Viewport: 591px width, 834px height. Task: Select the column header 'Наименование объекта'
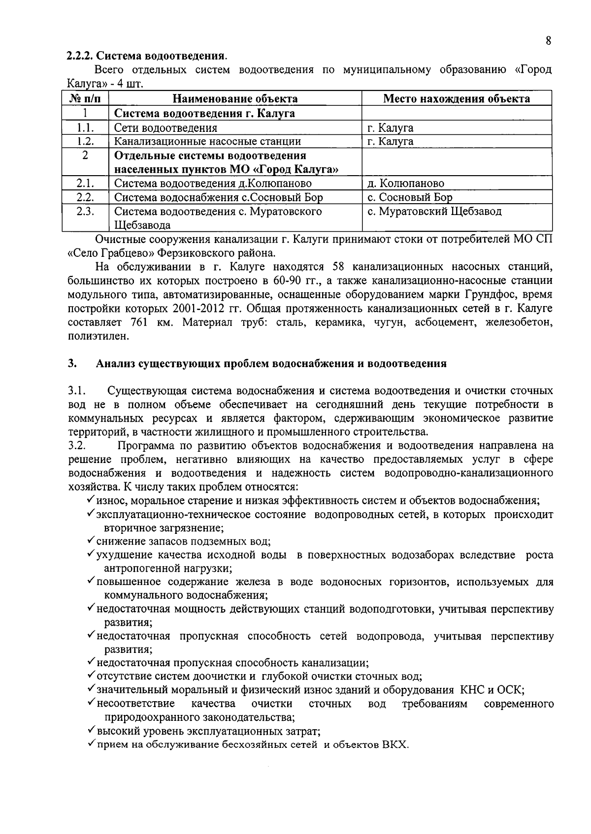tap(235, 98)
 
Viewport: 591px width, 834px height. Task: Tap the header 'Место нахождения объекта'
tap(456, 98)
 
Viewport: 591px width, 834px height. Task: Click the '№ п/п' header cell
tap(85, 98)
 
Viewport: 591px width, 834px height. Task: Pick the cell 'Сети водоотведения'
tap(165, 128)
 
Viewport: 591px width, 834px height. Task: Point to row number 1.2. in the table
tap(85, 142)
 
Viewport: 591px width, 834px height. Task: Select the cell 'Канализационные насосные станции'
tap(207, 142)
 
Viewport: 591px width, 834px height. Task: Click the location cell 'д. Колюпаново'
tap(405, 184)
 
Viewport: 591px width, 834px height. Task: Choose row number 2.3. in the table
tap(85, 212)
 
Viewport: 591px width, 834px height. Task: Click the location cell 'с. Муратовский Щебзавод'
tap(434, 212)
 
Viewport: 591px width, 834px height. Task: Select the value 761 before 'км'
tap(139, 323)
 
